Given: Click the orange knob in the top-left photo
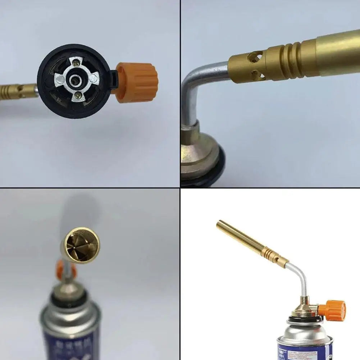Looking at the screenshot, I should tap(137, 82).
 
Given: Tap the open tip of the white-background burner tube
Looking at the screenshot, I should tap(219, 223).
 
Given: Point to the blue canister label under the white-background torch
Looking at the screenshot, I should tap(306, 352).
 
